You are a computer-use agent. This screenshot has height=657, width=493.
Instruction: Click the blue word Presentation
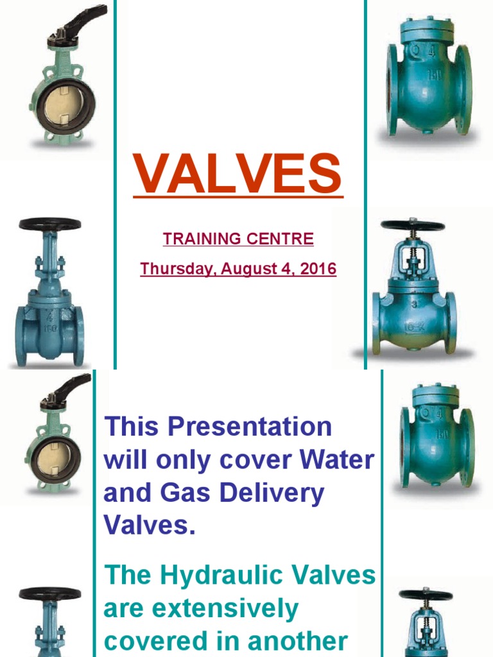250,427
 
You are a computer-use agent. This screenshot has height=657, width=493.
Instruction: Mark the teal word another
298,641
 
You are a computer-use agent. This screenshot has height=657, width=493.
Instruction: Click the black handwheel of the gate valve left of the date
50,224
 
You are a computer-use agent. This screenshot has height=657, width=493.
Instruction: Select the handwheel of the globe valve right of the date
413,225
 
